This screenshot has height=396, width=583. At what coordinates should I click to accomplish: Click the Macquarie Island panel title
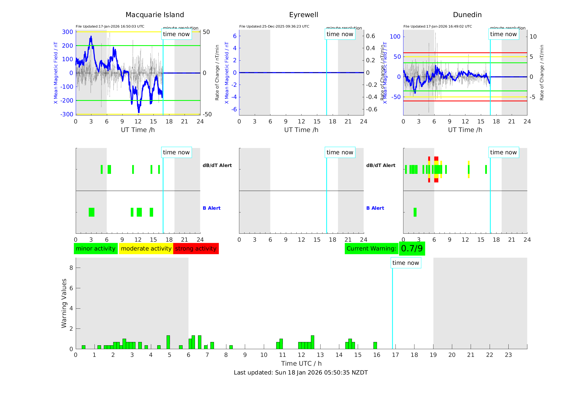[x=154, y=15]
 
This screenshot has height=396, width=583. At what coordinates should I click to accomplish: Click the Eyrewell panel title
[x=303, y=15]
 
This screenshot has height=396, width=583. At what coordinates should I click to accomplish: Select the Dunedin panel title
[x=467, y=15]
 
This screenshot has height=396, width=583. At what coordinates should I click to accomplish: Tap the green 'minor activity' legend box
[x=96, y=249]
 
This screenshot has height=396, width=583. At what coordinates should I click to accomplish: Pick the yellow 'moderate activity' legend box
[x=146, y=249]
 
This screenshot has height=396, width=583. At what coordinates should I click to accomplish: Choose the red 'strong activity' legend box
[x=196, y=249]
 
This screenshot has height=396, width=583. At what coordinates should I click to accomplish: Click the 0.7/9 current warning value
[x=412, y=249]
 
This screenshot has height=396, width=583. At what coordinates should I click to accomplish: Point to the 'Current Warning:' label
[x=371, y=249]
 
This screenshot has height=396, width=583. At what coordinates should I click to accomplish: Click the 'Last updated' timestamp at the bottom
[x=301, y=373]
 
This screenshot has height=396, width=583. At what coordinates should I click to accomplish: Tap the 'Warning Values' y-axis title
[x=64, y=303]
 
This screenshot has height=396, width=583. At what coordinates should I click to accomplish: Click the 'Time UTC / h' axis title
[x=301, y=363]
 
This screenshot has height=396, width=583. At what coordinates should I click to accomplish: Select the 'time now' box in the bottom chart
[x=405, y=263]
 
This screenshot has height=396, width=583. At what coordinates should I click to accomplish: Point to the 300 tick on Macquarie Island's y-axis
[x=67, y=32]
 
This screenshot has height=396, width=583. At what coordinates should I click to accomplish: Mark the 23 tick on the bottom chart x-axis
[x=508, y=355]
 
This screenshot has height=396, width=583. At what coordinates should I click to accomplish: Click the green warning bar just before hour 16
[x=375, y=346]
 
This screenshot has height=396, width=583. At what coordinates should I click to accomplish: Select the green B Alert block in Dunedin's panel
[x=415, y=212]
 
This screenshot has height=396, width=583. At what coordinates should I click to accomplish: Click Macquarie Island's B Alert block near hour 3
[x=91, y=212]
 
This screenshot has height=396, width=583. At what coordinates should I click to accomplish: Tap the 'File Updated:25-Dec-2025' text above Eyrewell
[x=274, y=26]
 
